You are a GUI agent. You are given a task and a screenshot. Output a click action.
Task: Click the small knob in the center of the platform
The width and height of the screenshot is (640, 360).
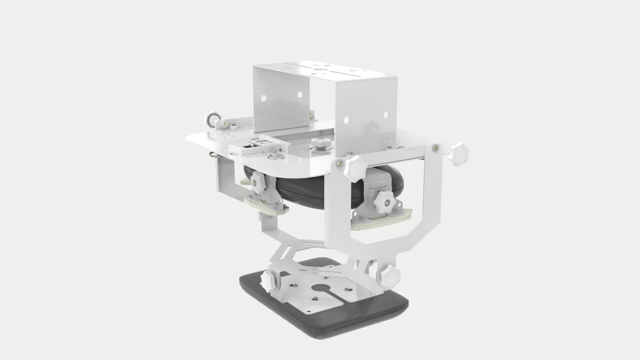(320, 142)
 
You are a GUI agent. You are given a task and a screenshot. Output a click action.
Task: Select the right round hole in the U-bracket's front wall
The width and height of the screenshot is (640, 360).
(386, 115)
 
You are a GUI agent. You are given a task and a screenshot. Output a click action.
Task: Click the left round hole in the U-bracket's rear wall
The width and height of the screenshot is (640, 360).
(263, 98)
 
